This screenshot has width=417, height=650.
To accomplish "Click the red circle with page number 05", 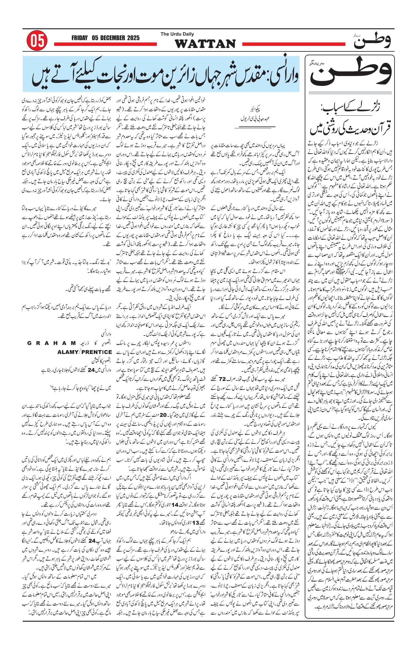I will [x=37, y=41].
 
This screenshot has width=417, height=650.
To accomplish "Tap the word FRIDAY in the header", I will [x=80, y=38].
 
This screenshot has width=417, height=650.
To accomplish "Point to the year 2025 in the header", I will [x=134, y=38].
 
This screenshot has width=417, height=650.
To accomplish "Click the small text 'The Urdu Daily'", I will [x=177, y=34].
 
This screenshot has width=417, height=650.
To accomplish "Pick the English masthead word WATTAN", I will [x=205, y=44].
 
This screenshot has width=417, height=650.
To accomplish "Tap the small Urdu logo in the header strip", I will [x=372, y=41].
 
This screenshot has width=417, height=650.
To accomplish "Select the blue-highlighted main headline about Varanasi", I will [x=162, y=74].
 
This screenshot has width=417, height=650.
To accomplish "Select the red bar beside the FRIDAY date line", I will [x=105, y=45].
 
